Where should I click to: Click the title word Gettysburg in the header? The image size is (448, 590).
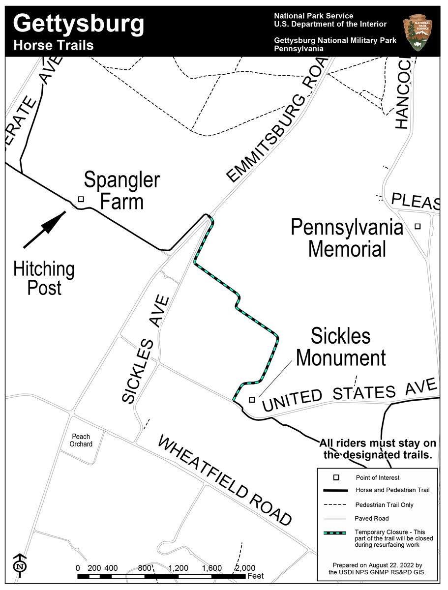(x=79, y=23)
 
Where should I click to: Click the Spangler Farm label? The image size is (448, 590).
(x=121, y=191)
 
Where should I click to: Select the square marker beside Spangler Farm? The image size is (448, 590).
(x=81, y=199)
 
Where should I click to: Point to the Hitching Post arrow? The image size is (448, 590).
(x=44, y=230)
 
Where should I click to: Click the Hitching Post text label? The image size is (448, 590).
(x=44, y=278)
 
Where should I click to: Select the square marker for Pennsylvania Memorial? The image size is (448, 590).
(x=418, y=226)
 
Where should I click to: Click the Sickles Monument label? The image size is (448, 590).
(x=340, y=347)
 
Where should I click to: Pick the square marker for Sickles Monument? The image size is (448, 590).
(x=252, y=400)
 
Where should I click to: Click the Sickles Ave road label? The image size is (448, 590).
(x=145, y=350)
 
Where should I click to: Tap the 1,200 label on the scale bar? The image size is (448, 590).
(x=178, y=568)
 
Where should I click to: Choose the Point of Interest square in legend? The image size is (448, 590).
(x=336, y=477)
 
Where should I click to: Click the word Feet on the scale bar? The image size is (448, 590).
(x=255, y=576)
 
